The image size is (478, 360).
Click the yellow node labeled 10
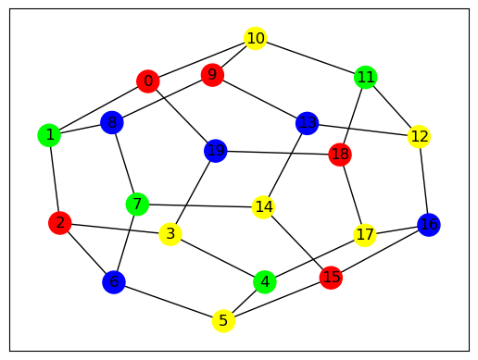point(255,38)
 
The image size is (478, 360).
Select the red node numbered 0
point(148,81)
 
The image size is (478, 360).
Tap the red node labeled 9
point(212,75)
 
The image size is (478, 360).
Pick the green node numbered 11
point(366,77)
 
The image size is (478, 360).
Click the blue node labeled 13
point(307,123)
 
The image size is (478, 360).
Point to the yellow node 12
point(419,136)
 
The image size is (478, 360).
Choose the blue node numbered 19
point(216,151)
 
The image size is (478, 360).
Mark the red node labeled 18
point(340,155)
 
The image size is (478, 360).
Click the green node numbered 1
point(49,135)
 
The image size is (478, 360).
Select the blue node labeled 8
point(112,122)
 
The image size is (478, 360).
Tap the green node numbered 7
point(137,205)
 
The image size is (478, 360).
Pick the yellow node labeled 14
point(263,207)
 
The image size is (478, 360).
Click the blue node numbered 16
point(429,225)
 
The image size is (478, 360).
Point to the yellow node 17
point(365,235)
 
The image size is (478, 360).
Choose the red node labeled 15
point(331,278)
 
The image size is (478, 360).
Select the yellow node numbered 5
point(223,321)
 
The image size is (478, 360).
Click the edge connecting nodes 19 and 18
point(278,153)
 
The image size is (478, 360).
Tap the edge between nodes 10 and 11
point(310,57)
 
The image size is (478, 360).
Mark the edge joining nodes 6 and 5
point(169,302)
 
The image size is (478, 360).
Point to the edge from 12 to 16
point(423,180)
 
